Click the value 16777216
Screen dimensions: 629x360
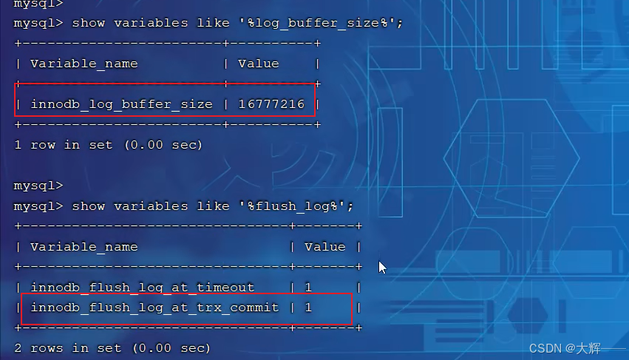click(x=271, y=104)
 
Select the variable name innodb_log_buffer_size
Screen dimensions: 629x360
click(x=121, y=104)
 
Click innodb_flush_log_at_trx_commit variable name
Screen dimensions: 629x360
click(x=154, y=307)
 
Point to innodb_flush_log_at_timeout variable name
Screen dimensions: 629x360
click(x=142, y=287)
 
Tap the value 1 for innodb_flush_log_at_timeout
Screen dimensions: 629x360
click(x=308, y=287)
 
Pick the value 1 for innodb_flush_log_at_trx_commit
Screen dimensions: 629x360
click(x=308, y=307)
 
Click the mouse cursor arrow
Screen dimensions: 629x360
click(x=382, y=267)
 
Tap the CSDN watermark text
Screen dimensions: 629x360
click(x=565, y=347)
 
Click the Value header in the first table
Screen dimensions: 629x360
click(x=258, y=64)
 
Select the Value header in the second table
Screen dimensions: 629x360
click(x=324, y=246)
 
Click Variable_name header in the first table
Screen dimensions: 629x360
click(x=84, y=64)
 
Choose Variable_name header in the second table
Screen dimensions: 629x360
click(x=84, y=246)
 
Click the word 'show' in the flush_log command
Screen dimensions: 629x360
click(x=88, y=206)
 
